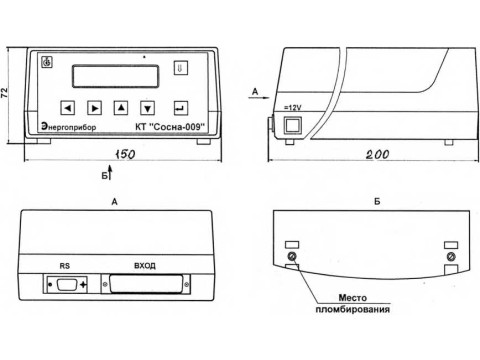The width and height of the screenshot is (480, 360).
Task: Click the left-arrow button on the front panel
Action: [x=68, y=108]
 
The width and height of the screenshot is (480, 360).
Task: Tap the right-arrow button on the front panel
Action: [x=94, y=108]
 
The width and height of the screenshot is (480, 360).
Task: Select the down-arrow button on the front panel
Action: [x=147, y=108]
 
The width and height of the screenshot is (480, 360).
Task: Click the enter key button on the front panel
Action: [x=181, y=108]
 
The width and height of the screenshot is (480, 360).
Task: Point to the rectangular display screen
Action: [x=115, y=76]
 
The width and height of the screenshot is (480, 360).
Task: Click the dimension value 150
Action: [x=125, y=154]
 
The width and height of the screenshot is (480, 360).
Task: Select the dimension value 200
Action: [x=377, y=154]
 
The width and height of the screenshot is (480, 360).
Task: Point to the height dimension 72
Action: [x=5, y=93]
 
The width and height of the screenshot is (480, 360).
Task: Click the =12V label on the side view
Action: [x=292, y=108]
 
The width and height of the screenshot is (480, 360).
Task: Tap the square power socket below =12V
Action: [x=292, y=125]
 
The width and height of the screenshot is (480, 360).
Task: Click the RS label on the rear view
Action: [x=65, y=266]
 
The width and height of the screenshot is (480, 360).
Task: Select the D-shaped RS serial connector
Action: [x=68, y=285]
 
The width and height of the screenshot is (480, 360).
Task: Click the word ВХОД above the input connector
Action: [x=145, y=266]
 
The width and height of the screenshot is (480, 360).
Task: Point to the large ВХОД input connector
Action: [x=146, y=284]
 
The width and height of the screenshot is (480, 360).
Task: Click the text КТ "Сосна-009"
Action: [x=170, y=127]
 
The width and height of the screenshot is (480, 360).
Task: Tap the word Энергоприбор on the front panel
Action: [x=69, y=127]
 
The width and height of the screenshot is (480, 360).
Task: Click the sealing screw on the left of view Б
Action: [x=292, y=256]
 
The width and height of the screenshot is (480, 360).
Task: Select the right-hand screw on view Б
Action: [x=451, y=257]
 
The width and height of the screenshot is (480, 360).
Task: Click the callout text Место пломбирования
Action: [x=353, y=303]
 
